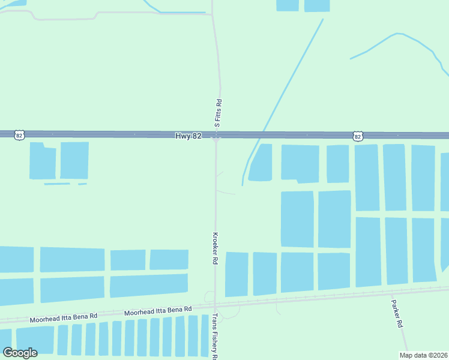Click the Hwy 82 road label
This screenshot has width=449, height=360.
188,136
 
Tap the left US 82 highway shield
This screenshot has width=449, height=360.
19,136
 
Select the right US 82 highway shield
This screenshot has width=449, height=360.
358,136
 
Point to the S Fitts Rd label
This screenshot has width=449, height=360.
218,113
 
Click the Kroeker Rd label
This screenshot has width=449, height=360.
214,248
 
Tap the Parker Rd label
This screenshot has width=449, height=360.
397,313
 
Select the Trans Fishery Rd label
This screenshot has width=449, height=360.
214,336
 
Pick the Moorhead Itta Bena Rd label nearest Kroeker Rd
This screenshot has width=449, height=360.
158,310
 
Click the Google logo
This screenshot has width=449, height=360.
20,353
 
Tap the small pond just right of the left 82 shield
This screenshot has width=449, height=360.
43,162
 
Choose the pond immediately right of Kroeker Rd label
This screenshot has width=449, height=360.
236,274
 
